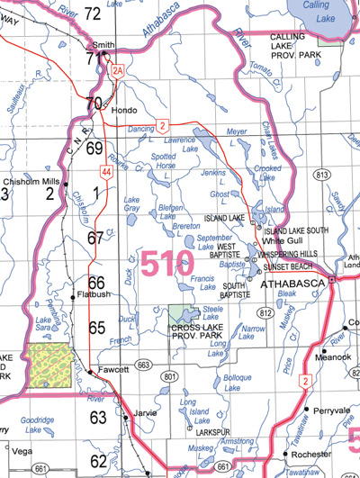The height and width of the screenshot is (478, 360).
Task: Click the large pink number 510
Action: point(167,264)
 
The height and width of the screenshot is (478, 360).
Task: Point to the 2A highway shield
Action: point(115,70)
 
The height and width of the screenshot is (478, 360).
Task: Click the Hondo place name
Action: point(123,109)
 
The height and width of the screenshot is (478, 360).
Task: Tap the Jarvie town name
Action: point(144,414)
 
